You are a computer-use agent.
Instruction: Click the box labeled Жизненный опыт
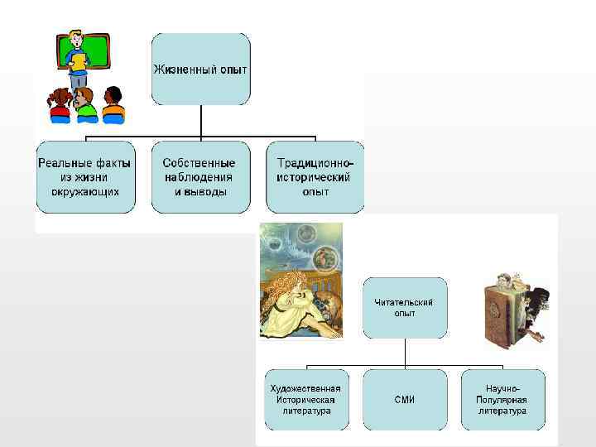pos(200,69)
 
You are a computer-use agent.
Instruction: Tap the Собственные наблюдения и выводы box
pos(199,177)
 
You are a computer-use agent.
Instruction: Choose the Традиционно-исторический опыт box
pos(315,177)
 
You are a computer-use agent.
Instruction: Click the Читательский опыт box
pos(404,308)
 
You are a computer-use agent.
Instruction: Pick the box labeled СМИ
pos(404,400)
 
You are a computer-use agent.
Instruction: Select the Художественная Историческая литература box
pos(306,400)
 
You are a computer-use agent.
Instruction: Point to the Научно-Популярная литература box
pos(502,400)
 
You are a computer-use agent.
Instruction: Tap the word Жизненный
pos(181,69)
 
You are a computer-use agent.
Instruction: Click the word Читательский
pos(404,303)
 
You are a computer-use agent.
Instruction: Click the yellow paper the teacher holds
pos(78,60)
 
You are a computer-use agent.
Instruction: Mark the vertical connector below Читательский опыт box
pos(404,353)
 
